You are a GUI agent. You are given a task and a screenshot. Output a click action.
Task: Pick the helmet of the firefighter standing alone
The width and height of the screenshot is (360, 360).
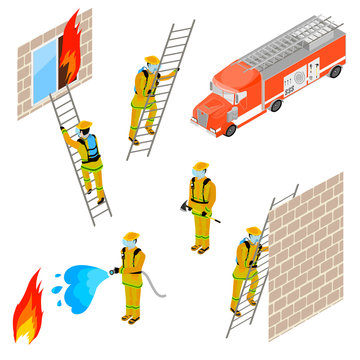[200, 167]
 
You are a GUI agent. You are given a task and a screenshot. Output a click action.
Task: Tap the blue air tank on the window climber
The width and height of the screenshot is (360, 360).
[94, 146]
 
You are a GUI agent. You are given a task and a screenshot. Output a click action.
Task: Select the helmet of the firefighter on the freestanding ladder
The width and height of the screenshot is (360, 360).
[151, 60]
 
